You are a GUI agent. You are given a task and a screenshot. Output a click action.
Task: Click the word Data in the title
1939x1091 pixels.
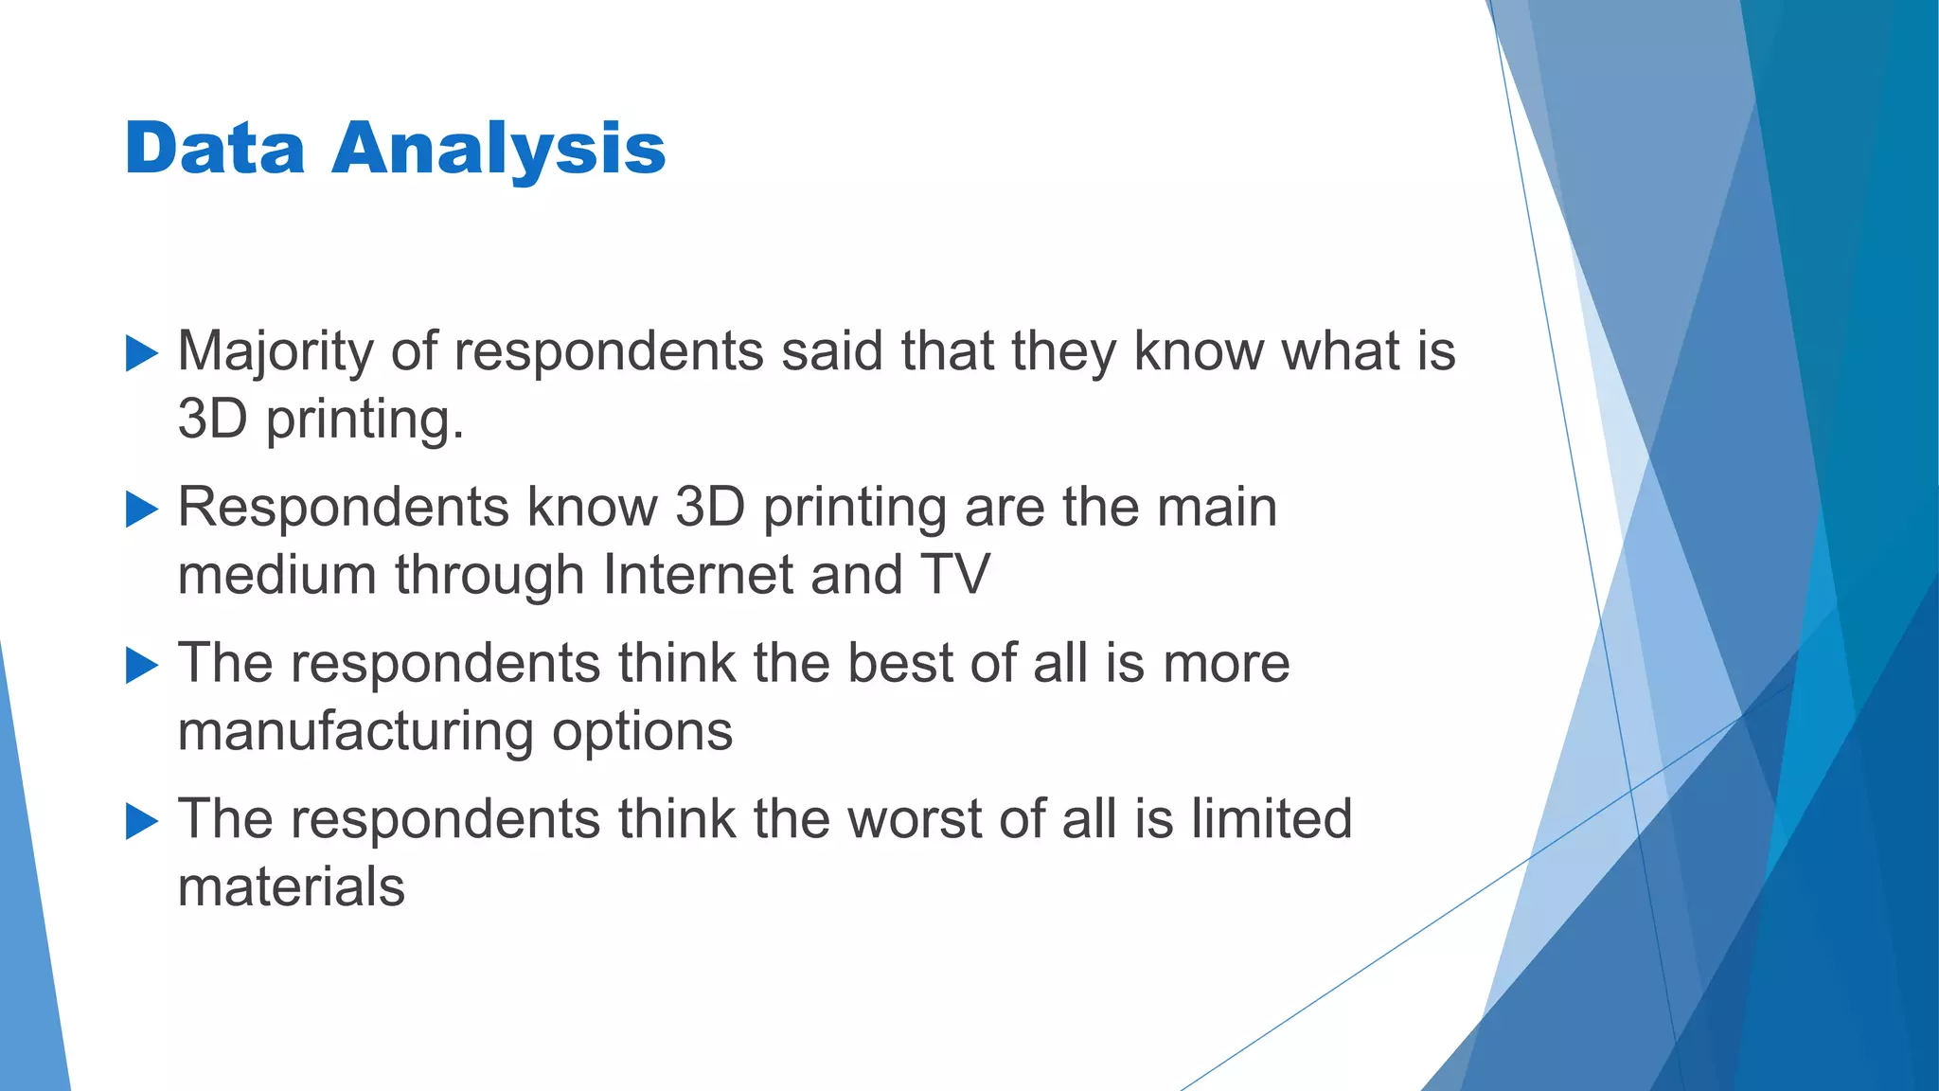[215, 149]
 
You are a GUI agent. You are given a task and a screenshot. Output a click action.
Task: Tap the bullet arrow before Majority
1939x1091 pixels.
[142, 353]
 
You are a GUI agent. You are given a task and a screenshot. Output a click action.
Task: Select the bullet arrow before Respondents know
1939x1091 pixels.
[142, 510]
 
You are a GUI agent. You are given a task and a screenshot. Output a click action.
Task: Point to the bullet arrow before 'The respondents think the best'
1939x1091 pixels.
[142, 666]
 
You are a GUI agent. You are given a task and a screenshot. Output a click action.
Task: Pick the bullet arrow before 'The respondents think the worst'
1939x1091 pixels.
[142, 821]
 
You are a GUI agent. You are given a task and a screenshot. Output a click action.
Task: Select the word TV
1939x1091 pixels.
[954, 574]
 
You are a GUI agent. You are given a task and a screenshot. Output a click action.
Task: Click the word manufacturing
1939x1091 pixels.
[355, 731]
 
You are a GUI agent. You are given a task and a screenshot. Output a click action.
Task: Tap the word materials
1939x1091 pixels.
[292, 886]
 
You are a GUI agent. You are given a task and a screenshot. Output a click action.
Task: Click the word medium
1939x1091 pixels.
[276, 574]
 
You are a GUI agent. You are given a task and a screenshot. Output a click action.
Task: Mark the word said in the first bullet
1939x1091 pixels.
[831, 351]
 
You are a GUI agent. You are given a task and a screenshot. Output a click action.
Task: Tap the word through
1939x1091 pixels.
[489, 574]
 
